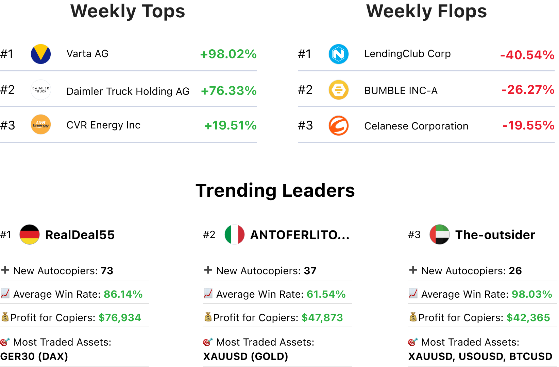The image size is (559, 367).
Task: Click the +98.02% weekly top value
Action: pos(228,54)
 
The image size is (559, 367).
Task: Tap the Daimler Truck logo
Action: pos(41,90)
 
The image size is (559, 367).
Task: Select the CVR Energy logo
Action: pos(41,125)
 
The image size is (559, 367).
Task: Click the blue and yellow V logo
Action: pos(41,54)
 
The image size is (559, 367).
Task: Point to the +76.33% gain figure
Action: pos(228,91)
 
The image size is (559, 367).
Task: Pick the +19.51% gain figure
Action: pos(230,125)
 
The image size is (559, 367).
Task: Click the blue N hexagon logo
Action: pos(339,54)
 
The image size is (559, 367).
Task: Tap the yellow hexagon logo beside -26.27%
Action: pos(339,90)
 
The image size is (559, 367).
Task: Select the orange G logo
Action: pos(339,125)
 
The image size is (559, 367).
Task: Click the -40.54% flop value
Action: pos(527,55)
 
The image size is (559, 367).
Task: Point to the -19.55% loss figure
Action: pos(528,125)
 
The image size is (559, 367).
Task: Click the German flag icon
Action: pos(30,234)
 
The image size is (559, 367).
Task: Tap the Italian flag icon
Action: pos(235,234)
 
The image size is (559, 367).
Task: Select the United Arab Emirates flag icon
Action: pos(440,234)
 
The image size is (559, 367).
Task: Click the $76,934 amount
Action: pos(120,318)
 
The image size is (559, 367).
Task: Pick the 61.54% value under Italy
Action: pos(326,294)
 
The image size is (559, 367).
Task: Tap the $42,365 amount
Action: pos(528,318)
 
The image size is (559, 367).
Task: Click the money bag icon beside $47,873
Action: pos(208,317)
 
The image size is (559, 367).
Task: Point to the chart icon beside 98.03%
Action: pos(413,293)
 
